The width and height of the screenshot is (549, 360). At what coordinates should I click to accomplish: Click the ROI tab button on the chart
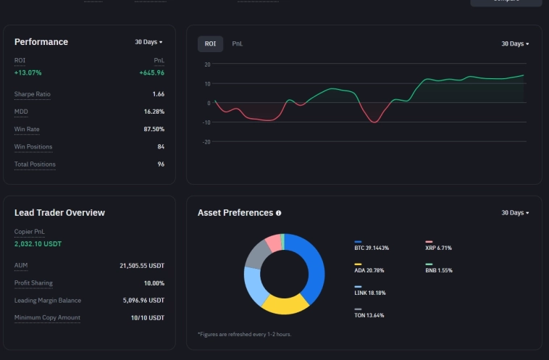(210, 43)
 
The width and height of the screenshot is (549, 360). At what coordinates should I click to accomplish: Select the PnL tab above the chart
(237, 43)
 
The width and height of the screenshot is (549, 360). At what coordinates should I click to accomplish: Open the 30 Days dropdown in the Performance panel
(148, 42)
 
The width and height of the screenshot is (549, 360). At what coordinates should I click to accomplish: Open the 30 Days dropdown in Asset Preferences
(515, 213)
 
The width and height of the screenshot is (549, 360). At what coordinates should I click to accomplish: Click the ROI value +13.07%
(28, 72)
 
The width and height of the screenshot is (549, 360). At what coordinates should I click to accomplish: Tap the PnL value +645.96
(151, 72)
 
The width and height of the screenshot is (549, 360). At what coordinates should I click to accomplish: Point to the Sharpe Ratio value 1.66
(158, 94)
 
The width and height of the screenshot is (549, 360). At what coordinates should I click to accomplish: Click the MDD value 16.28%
(154, 112)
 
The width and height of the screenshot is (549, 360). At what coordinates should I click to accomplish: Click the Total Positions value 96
(160, 164)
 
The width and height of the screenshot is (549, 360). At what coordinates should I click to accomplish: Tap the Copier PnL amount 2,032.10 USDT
(38, 244)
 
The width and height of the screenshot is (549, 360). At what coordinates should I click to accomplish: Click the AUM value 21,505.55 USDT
(141, 266)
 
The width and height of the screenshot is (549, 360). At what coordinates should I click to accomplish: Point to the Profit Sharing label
(33, 283)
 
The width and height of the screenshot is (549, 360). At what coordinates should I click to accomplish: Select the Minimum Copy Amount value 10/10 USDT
(147, 318)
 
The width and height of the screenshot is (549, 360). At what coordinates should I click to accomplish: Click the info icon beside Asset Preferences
(278, 213)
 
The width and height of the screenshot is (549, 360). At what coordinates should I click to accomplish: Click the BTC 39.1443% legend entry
(371, 248)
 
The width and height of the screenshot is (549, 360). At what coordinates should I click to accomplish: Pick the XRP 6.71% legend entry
(439, 248)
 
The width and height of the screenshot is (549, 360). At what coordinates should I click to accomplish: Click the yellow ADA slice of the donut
(284, 304)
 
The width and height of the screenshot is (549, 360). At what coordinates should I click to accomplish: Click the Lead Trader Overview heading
(59, 213)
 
